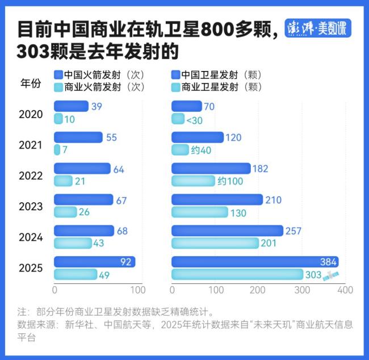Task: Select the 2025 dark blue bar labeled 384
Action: point(255,262)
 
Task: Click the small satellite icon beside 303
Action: point(330,275)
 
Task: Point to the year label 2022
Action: point(31,176)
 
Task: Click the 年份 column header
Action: point(31,83)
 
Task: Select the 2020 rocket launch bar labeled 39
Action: point(71,106)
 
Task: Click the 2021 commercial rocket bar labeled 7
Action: point(57,150)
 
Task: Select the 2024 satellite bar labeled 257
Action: point(227,231)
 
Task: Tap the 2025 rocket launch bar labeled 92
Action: point(94,262)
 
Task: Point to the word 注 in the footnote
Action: point(22,312)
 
